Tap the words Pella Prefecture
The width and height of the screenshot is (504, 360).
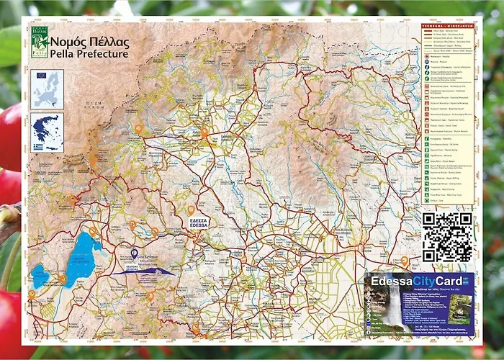coord(89,54)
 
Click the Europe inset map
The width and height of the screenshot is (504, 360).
coord(47,89)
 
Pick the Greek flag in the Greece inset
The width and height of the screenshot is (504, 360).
coord(38,147)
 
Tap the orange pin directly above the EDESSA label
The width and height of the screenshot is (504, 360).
coord(191,210)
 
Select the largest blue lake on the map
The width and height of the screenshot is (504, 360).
coord(81,258)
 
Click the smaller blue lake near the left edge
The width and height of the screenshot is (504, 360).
coord(40,276)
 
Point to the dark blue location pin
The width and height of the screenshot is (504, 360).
coord(135,253)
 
